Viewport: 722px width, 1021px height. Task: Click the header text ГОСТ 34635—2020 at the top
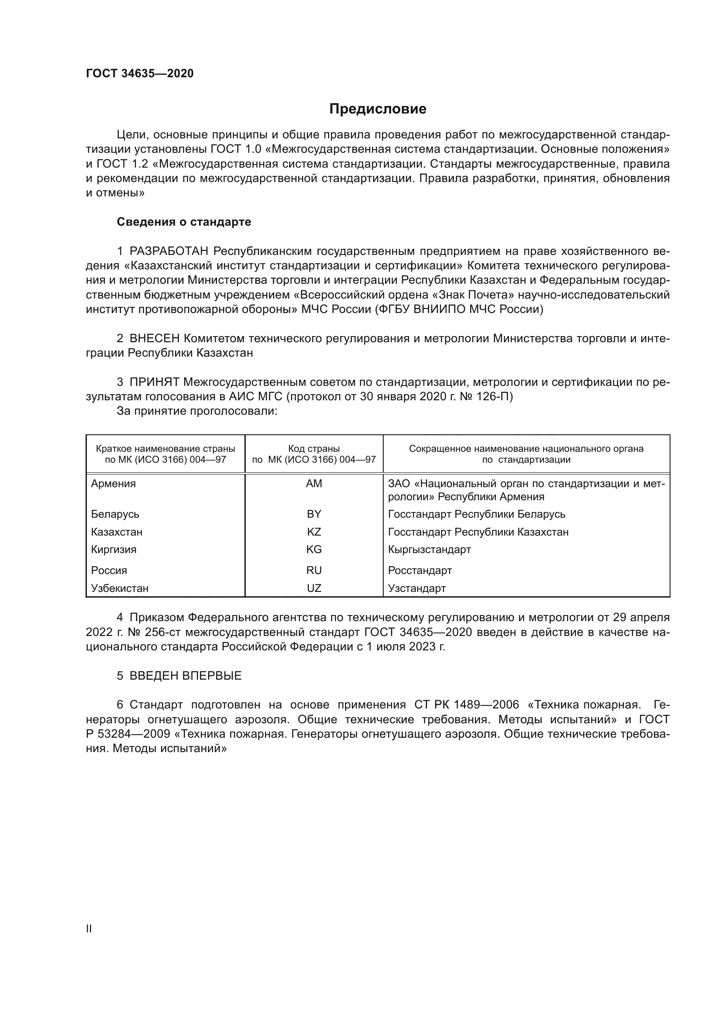pyautogui.click(x=140, y=73)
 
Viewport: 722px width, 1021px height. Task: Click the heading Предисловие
pyautogui.click(x=378, y=109)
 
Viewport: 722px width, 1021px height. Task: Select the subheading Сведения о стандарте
pyautogui.click(x=184, y=222)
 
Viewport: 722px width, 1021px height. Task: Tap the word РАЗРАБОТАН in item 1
pyautogui.click(x=169, y=251)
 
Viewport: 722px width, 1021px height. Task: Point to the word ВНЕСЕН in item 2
pyautogui.click(x=154, y=338)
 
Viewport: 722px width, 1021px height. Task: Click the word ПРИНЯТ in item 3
pyautogui.click(x=154, y=382)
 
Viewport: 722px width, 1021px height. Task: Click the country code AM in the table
pyautogui.click(x=314, y=483)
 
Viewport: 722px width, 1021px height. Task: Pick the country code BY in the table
pyautogui.click(x=314, y=514)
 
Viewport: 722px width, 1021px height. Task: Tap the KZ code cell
pyautogui.click(x=314, y=532)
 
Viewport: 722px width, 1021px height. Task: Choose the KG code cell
pyautogui.click(x=314, y=549)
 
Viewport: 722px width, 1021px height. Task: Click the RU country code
pyautogui.click(x=314, y=570)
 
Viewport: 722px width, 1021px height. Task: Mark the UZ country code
pyautogui.click(x=314, y=588)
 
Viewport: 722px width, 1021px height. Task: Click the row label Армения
pyautogui.click(x=113, y=483)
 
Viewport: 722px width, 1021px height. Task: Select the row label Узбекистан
pyautogui.click(x=120, y=588)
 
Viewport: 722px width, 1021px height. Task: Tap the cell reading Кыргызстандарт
pyautogui.click(x=429, y=549)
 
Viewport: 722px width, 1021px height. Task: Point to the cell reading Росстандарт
pyautogui.click(x=419, y=570)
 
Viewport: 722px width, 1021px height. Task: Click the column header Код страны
pyautogui.click(x=314, y=449)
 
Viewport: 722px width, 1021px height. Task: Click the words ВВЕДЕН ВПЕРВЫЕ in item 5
pyautogui.click(x=186, y=676)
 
